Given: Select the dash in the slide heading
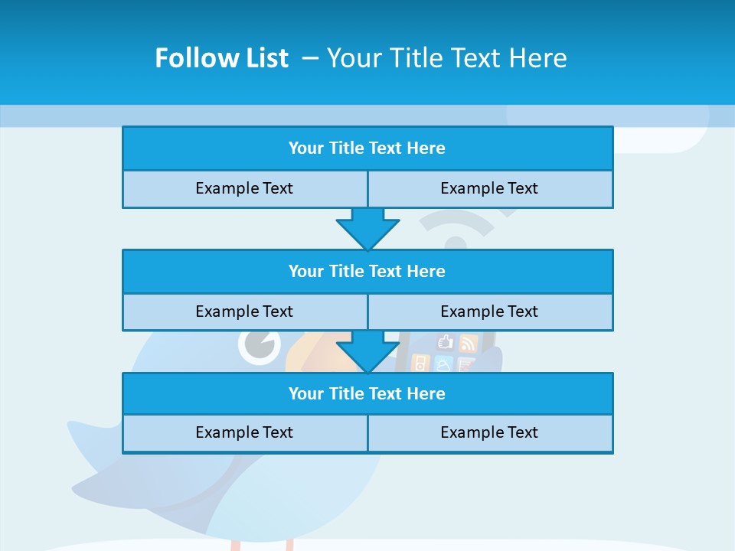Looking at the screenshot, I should click(x=310, y=58).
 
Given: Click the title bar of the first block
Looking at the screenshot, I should click(x=367, y=148).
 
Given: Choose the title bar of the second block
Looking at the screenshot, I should click(x=367, y=272).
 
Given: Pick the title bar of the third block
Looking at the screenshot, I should click(x=367, y=394).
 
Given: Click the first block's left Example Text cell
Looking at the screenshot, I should click(x=245, y=189).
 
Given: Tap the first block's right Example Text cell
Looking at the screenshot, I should click(x=490, y=189).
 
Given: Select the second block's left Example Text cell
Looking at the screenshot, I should click(x=245, y=312).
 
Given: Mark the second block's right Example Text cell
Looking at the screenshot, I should click(x=490, y=312).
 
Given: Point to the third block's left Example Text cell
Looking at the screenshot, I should click(x=245, y=433).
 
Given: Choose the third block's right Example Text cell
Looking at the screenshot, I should click(x=490, y=433).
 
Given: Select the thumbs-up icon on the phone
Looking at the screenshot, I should click(x=446, y=342).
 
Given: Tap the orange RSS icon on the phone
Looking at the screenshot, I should click(x=468, y=343).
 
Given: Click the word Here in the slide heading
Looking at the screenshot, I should click(x=536, y=58).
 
